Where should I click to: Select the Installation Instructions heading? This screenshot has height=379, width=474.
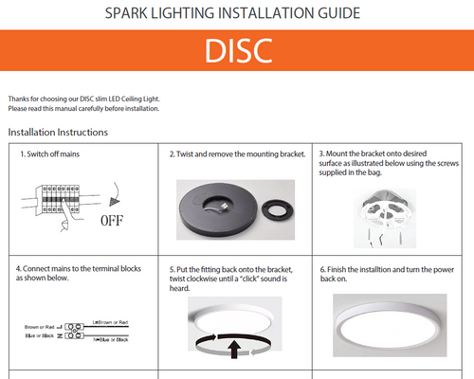[x=58, y=132]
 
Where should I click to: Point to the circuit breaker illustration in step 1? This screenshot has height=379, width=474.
[x=60, y=198]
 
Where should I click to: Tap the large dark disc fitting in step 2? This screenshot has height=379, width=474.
[x=216, y=202]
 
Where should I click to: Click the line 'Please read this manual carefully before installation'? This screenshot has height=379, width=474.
[x=83, y=109]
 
